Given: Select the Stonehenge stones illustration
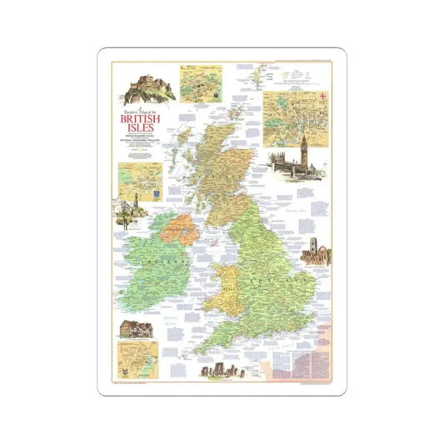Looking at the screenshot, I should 214,370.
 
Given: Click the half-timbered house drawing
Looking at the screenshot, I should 139,327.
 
